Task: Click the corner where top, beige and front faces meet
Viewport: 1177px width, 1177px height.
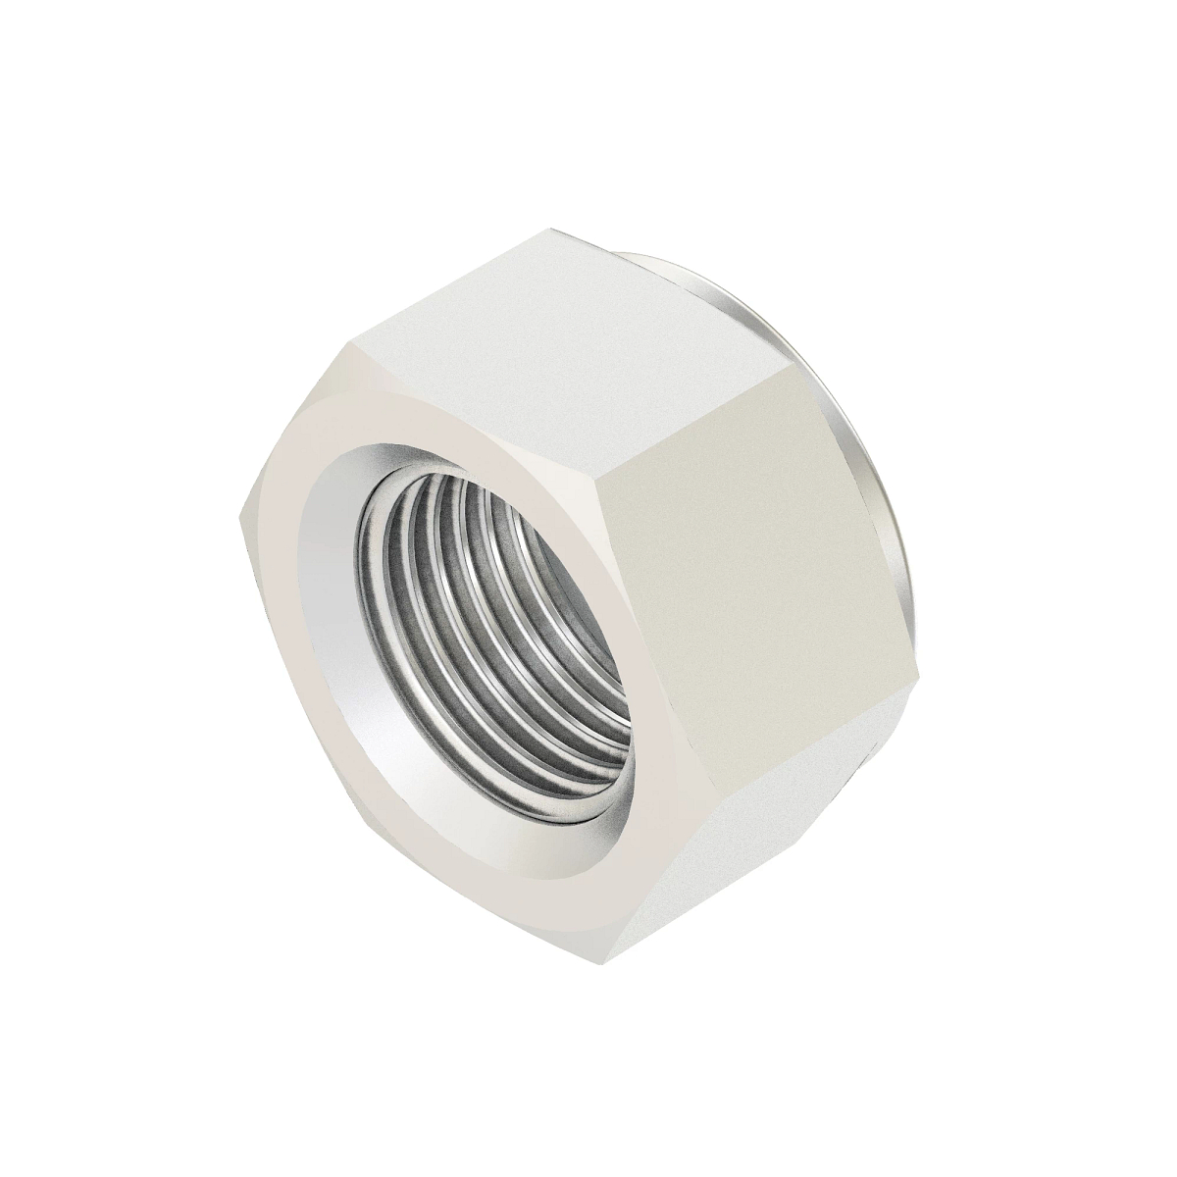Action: point(606,475)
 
